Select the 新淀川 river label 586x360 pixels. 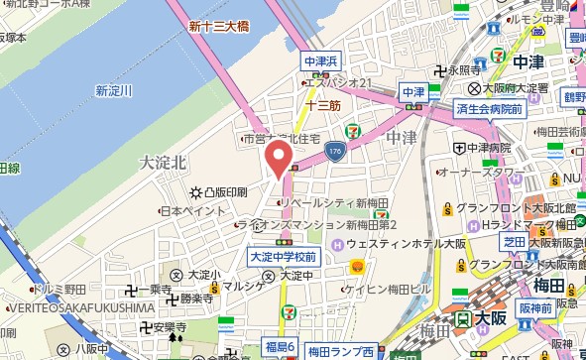tap(114, 91)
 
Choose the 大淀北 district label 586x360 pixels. tap(163, 161)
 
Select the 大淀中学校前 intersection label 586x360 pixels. tap(283, 257)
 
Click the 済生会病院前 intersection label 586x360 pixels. tap(489, 108)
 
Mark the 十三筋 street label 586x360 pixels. tap(323, 104)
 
